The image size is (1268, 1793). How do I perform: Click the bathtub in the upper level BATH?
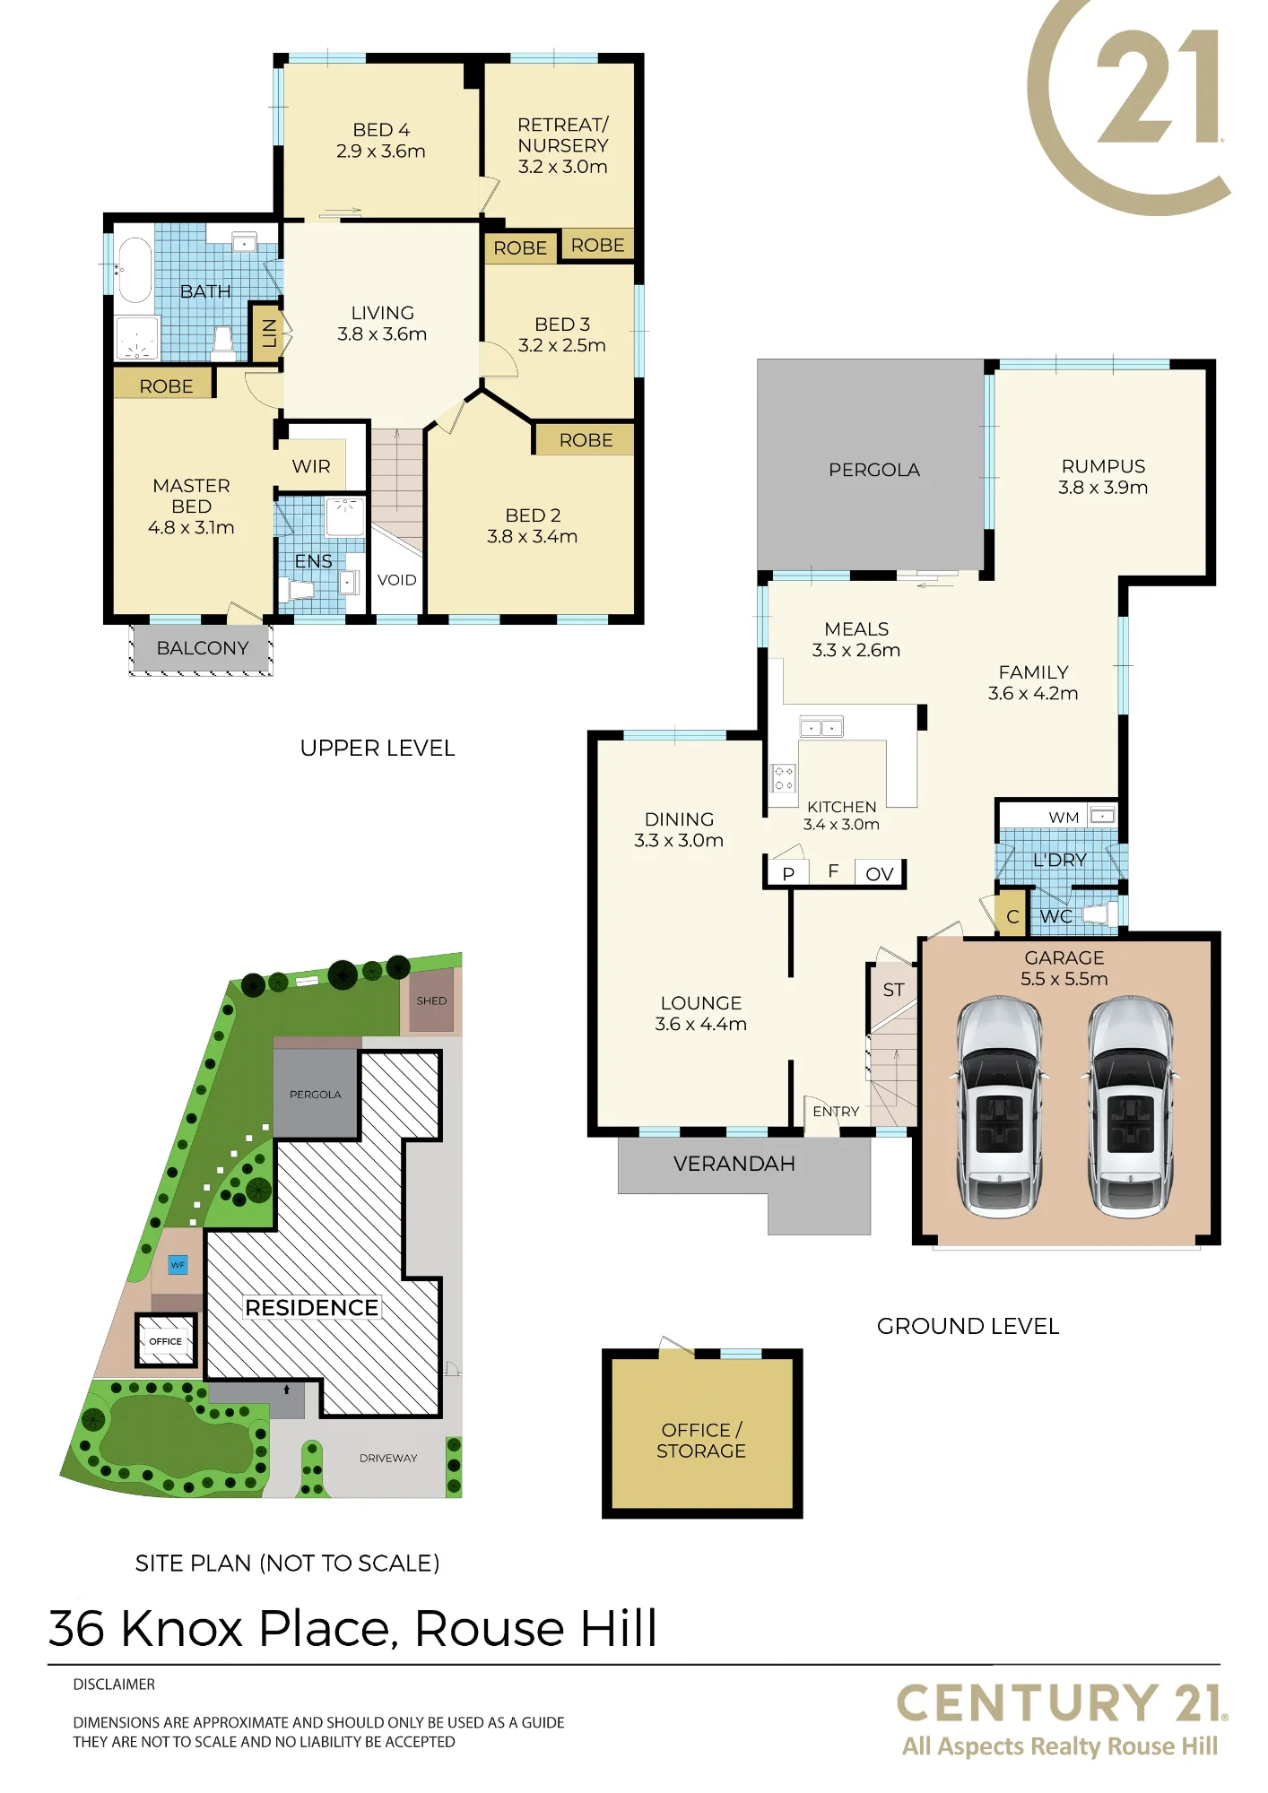point(135,270)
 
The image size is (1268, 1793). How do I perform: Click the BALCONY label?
point(203,648)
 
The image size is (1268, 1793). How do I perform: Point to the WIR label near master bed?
point(311,466)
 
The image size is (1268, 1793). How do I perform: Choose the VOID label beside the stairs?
point(397,580)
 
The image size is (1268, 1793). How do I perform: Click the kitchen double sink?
point(821,727)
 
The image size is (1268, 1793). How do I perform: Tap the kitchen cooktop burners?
point(784,778)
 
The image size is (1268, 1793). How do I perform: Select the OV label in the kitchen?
point(880,874)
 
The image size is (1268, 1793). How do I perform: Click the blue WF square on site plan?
point(178,1265)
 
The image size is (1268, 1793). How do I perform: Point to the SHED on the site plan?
point(431,1000)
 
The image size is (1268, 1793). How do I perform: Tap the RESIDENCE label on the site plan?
point(312,1308)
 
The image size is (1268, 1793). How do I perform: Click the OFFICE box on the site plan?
point(166,1341)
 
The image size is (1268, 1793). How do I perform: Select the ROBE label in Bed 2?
point(586,440)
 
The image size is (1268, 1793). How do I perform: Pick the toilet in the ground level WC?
point(1099,914)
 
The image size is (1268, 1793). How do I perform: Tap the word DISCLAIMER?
point(114,1685)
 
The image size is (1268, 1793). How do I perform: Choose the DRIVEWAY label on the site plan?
point(388,1458)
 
